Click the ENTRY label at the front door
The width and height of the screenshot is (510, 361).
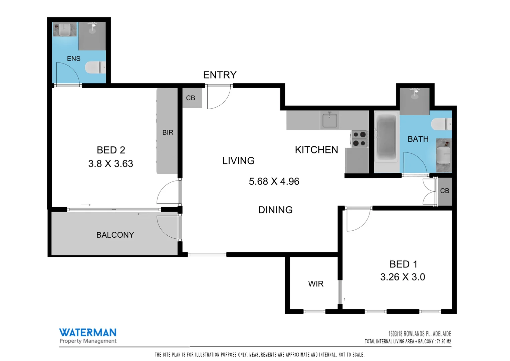click(x=220, y=75)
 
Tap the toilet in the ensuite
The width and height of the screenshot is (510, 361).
click(x=95, y=68)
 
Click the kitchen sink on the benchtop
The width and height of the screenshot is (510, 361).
click(x=329, y=120)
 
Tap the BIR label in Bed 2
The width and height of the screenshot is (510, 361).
click(x=168, y=132)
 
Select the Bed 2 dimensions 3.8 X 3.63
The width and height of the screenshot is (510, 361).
click(x=110, y=163)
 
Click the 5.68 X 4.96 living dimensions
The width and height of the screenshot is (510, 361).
click(x=274, y=181)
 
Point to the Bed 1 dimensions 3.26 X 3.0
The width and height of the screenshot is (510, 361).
click(x=403, y=277)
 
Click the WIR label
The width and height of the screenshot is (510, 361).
click(x=315, y=284)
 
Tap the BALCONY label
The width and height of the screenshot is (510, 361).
click(x=115, y=235)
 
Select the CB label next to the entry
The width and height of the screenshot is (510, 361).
click(x=190, y=98)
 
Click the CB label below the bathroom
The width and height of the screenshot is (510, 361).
click(x=444, y=191)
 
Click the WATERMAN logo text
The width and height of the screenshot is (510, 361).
click(x=88, y=332)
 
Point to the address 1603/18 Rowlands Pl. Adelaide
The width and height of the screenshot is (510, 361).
click(x=419, y=334)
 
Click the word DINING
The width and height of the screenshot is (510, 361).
click(x=275, y=210)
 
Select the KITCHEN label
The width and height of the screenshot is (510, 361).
click(x=316, y=150)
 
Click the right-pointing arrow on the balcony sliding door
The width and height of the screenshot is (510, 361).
click(x=86, y=205)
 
